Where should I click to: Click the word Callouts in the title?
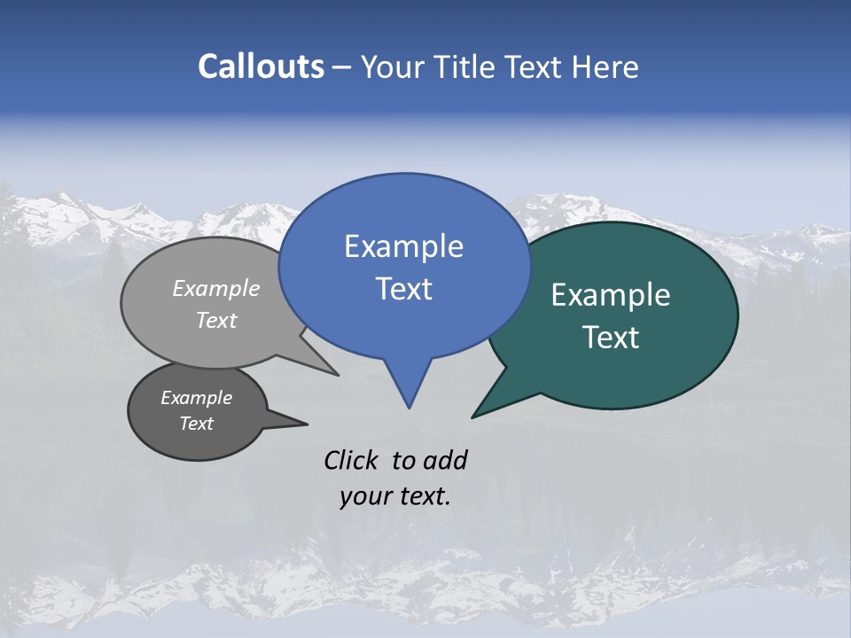click(x=261, y=66)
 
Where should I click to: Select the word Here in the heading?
click(x=605, y=67)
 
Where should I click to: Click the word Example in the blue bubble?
click(x=403, y=246)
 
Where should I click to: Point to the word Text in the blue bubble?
click(x=403, y=289)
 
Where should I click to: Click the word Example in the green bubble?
click(x=611, y=295)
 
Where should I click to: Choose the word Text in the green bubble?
click(x=611, y=338)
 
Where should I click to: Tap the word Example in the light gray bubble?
click(x=216, y=288)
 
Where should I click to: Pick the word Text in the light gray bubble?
click(x=216, y=320)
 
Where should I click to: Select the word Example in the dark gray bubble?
click(x=196, y=398)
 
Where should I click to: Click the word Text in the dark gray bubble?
click(x=196, y=424)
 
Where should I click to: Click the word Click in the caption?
click(x=351, y=460)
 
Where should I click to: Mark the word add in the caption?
click(x=445, y=460)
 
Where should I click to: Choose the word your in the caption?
click(x=365, y=496)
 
